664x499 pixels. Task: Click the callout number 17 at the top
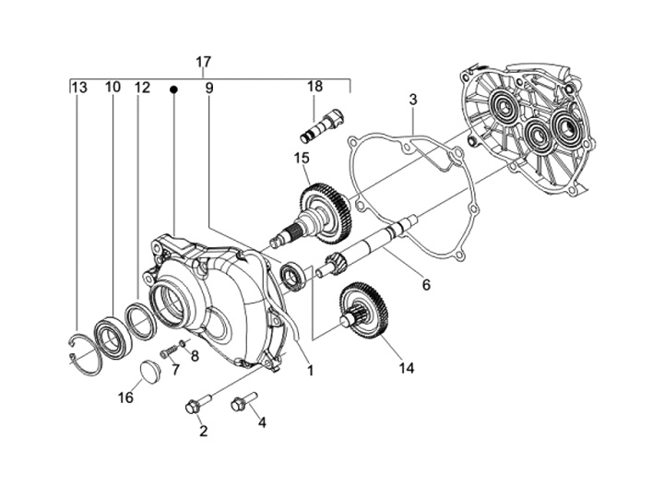(x=203, y=62)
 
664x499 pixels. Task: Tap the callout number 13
(x=79, y=88)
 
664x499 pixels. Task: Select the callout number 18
(x=314, y=87)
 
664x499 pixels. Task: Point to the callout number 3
(x=413, y=100)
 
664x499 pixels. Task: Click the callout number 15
(x=302, y=159)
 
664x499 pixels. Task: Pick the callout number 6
(x=426, y=285)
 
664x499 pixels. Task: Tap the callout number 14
(x=406, y=368)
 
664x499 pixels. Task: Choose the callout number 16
(x=125, y=398)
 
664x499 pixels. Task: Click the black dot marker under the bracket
(x=172, y=89)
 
